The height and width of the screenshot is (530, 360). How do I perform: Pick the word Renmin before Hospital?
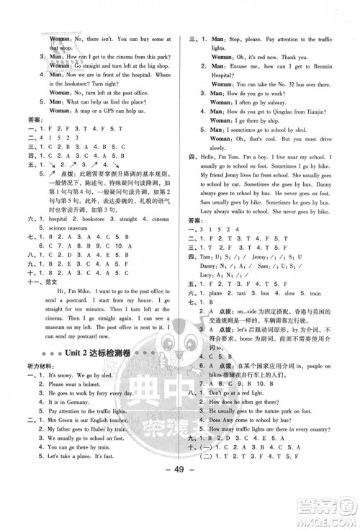pyautogui.click(x=325, y=66)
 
